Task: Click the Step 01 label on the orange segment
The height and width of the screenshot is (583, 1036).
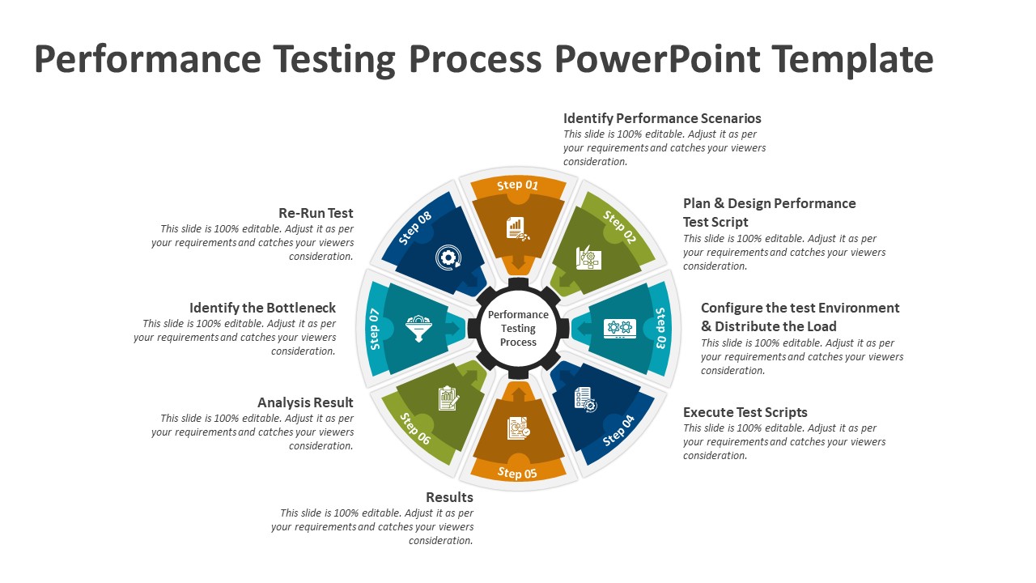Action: (x=518, y=185)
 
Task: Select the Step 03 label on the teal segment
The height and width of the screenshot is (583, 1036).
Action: (x=660, y=328)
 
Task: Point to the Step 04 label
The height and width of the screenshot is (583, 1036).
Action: (x=620, y=431)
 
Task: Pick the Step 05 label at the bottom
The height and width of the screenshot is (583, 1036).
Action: (x=518, y=473)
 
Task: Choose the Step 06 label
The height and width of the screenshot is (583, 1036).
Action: (x=415, y=429)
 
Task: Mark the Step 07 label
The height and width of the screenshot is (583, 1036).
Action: (x=375, y=329)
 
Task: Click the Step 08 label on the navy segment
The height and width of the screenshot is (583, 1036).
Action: (x=415, y=228)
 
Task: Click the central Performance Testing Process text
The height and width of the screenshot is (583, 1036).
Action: (x=518, y=328)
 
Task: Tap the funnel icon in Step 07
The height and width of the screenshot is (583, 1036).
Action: (x=418, y=328)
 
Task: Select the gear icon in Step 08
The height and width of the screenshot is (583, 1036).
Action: (x=447, y=257)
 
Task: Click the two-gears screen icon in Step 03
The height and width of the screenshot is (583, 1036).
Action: (x=620, y=328)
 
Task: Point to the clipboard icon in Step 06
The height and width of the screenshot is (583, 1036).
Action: (x=448, y=398)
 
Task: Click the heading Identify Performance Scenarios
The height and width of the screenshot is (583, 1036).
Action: (x=662, y=118)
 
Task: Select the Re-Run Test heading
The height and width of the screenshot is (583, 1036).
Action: (x=316, y=213)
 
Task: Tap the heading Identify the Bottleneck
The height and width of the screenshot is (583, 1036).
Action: (x=262, y=308)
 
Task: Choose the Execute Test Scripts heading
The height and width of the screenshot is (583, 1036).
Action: (x=745, y=412)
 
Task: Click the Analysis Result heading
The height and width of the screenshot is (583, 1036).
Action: (x=305, y=402)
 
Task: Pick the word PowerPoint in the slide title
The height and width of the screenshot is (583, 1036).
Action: (x=657, y=59)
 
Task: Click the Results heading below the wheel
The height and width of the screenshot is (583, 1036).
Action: (x=449, y=497)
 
